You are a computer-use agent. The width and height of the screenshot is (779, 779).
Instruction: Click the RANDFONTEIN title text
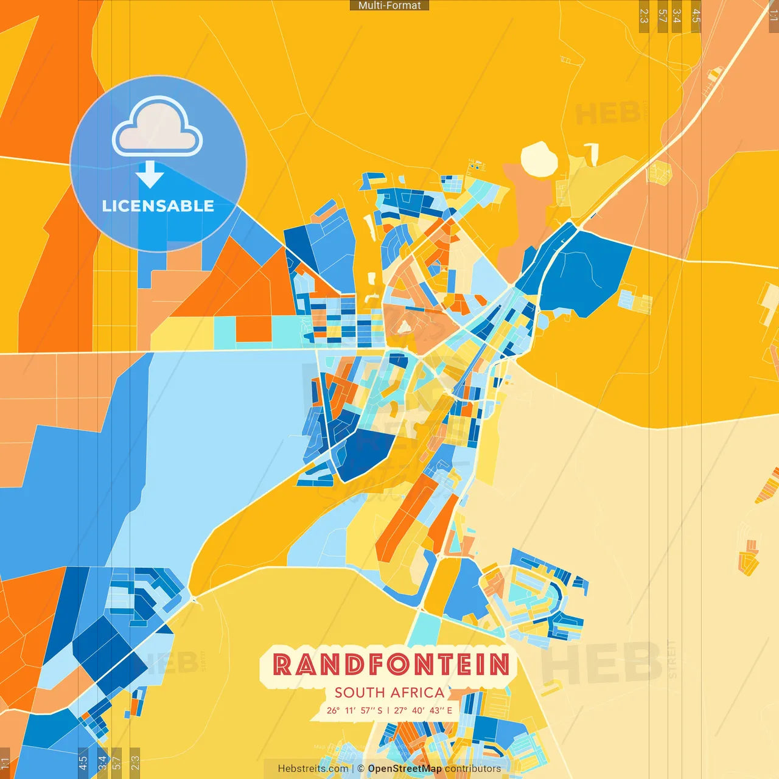[x=390, y=665]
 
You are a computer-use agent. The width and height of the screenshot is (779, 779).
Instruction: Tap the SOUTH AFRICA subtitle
[x=389, y=693]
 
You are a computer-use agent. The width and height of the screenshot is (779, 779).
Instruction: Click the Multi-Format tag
[x=389, y=5]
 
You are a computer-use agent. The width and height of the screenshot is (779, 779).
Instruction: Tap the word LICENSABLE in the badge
[x=158, y=206]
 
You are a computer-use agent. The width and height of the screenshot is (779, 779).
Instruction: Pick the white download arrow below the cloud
[x=150, y=175]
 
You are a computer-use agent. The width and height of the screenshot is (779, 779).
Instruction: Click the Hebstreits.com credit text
[x=313, y=769]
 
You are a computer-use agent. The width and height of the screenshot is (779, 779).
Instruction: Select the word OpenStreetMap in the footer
[x=405, y=769]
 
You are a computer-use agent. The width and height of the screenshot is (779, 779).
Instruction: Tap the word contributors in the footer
[x=473, y=769]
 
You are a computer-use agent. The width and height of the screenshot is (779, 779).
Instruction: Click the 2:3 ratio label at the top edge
[x=644, y=16]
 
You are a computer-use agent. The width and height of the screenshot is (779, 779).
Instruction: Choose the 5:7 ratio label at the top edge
[x=663, y=16]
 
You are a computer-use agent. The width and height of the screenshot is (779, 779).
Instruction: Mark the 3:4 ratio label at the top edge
[x=677, y=16]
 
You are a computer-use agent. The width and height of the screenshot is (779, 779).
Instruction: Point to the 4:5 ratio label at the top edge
[x=696, y=16]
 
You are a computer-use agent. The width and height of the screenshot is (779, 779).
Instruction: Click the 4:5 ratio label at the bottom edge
[x=83, y=763]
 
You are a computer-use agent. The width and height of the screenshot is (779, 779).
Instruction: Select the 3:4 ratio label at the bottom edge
[x=102, y=763]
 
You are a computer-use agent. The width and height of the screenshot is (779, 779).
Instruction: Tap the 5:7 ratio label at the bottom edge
[x=116, y=763]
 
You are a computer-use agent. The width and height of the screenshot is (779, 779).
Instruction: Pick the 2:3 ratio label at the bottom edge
[x=135, y=763]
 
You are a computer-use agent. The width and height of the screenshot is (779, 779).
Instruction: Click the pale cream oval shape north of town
[x=539, y=159]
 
